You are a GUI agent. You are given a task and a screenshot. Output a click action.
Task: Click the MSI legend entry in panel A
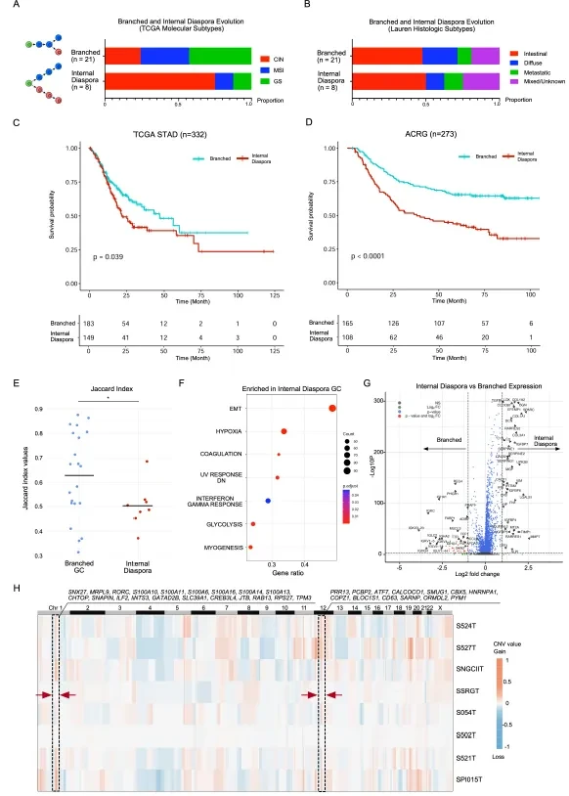(x=278, y=70)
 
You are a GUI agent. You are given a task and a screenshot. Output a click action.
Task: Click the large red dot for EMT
(x=332, y=408)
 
